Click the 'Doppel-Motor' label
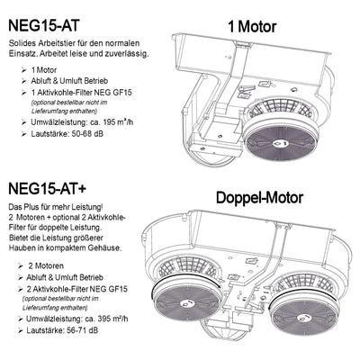(x=258, y=196)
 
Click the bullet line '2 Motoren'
(x=47, y=267)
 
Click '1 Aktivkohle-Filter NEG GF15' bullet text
(x=85, y=94)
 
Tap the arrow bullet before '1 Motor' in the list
(x=22, y=69)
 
